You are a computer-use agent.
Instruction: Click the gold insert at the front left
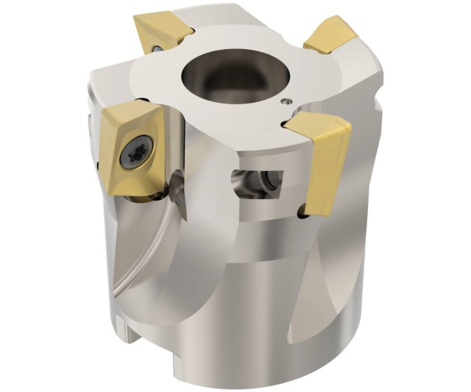click(x=132, y=148)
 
